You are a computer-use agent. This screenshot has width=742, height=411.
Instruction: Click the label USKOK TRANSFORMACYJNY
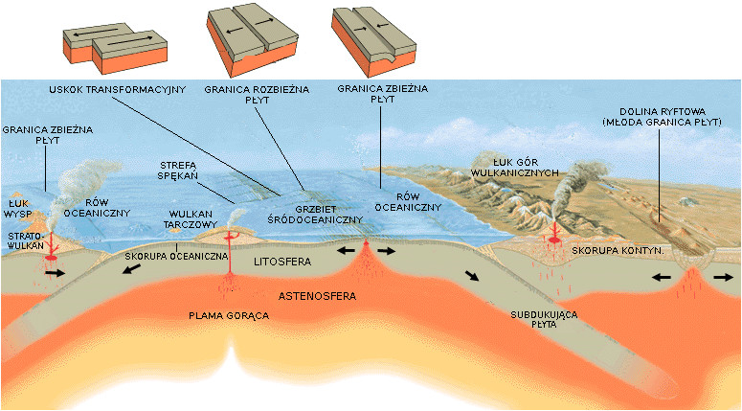click(x=118, y=89)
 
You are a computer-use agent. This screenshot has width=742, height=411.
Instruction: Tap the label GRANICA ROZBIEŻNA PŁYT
click(x=257, y=94)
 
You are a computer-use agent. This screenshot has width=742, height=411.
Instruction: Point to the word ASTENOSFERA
click(x=317, y=296)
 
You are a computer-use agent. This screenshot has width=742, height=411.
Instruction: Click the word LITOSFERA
click(x=282, y=262)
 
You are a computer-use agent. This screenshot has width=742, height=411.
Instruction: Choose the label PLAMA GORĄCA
click(x=229, y=315)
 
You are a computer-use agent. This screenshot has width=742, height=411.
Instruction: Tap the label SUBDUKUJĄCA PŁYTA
click(x=544, y=320)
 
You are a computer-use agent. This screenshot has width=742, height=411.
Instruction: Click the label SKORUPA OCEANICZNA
click(x=176, y=256)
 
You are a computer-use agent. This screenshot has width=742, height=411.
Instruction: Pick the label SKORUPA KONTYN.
click(x=618, y=250)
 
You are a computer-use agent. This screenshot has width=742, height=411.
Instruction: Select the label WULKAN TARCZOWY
click(x=191, y=219)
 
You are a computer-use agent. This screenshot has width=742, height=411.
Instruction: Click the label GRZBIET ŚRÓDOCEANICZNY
click(x=315, y=215)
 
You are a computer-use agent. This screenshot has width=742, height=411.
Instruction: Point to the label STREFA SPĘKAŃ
click(x=178, y=171)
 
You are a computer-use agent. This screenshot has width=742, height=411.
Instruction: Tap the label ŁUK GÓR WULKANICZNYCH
click(x=515, y=168)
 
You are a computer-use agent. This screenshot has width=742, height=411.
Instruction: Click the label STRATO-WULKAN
click(x=26, y=240)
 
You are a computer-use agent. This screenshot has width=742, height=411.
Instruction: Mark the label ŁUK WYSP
click(x=17, y=209)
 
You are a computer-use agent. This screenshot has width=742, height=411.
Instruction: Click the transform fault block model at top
click(x=115, y=48)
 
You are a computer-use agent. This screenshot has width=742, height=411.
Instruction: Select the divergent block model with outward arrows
click(x=252, y=40)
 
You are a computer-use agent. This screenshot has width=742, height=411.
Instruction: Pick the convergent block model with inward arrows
click(x=373, y=41)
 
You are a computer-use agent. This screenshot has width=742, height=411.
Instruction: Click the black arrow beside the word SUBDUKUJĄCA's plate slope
click(x=472, y=276)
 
